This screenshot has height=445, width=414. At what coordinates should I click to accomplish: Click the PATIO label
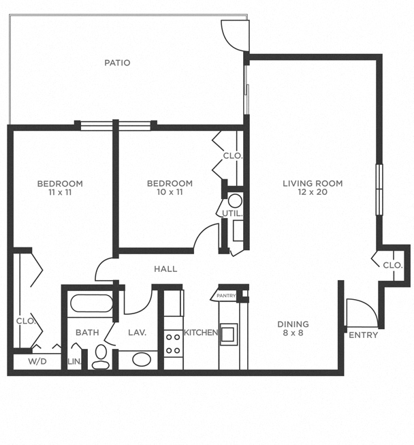coord(117,63)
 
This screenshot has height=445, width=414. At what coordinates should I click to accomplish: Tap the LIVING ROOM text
coord(313,183)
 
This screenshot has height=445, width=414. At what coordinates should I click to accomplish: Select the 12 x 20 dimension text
coord(313,193)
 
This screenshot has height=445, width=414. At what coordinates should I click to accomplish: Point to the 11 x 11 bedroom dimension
coord(60,193)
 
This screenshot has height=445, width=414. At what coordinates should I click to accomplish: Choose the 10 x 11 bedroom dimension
coord(170,193)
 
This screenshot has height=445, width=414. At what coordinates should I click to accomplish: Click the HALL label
coord(165,269)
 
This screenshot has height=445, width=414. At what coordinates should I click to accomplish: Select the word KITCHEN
coord(201,333)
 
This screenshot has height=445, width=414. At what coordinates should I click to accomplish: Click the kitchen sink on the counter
coord(227,334)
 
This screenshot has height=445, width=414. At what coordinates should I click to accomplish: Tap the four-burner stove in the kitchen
coord(173,343)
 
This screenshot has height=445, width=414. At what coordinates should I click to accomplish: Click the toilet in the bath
coord(101,356)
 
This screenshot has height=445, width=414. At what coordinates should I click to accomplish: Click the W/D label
coord(37,361)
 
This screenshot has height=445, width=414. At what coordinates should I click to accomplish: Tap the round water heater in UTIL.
coord(235,201)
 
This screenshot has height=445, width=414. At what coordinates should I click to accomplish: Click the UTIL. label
coord(232,214)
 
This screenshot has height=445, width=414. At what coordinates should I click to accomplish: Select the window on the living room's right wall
coord(379,189)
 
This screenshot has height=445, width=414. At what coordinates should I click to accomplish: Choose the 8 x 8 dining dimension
coord(293,334)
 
